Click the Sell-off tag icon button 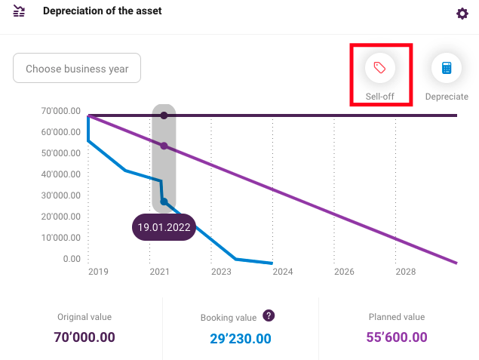point(379,68)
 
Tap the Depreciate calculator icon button point(447,68)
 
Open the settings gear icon point(462,14)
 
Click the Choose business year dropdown point(77,68)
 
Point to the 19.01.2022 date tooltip point(164,227)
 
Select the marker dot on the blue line point(164,202)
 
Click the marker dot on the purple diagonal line point(164,146)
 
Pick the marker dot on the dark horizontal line point(164,115)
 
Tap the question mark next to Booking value point(269,315)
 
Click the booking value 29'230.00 point(241,339)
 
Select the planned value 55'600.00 point(397,337)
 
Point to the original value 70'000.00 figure point(84,337)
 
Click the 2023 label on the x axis point(221,272)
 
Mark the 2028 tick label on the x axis point(406,272)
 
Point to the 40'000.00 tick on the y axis point(61,174)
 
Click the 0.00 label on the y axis point(72,259)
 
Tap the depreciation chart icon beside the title point(19,11)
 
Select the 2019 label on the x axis point(98,272)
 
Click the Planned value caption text point(397,317)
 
